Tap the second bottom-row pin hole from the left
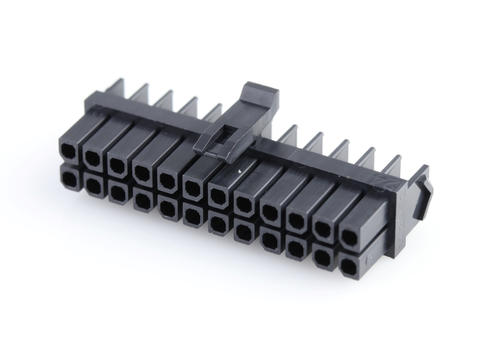pos(93,186)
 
